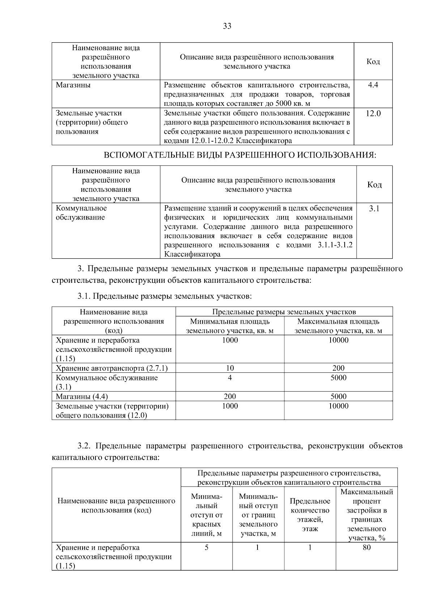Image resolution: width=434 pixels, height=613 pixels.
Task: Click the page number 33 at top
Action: pos(227,26)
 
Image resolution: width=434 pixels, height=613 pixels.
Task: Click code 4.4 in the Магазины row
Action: pos(373,85)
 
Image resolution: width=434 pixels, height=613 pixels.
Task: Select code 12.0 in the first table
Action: pos(373,113)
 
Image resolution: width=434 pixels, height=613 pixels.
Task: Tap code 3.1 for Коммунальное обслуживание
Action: pos(374,208)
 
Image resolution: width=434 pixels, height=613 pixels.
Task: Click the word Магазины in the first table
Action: pos(73,85)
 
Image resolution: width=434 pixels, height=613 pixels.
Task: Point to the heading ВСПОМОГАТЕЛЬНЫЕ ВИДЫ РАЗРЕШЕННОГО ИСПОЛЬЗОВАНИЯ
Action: pos(240,155)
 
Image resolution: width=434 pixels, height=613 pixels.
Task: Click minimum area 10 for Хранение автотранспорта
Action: pos(230,368)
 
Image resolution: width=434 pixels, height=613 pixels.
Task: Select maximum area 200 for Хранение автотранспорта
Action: pos(338,368)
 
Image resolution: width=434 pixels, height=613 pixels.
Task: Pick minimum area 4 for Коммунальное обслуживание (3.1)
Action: pos(230,378)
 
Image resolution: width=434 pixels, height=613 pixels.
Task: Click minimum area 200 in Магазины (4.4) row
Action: pos(230,396)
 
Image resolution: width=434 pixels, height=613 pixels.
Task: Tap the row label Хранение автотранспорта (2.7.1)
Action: pos(112,368)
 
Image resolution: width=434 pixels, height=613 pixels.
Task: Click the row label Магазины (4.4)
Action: pos(82,396)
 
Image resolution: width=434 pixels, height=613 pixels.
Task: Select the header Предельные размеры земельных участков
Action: pos(284,312)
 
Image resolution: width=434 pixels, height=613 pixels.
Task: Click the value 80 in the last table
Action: pos(366,547)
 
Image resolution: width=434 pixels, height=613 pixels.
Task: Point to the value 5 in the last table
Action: pos(207,547)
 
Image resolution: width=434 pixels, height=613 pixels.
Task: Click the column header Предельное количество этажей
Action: pos(310,515)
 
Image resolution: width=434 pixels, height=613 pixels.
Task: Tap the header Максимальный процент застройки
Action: pos(366,515)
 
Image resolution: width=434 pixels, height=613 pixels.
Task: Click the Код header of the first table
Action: pos(373,61)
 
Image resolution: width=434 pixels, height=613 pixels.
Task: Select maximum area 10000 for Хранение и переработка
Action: pos(338,340)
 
